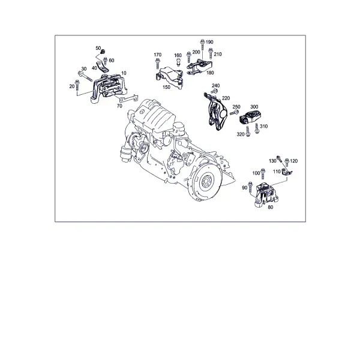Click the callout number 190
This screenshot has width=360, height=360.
(x=209, y=42)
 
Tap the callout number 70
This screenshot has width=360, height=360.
(x=119, y=106)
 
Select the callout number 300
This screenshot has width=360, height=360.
(x=254, y=107)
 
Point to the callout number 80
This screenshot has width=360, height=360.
(x=271, y=207)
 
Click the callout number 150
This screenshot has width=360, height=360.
(x=166, y=87)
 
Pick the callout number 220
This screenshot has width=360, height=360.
(x=226, y=98)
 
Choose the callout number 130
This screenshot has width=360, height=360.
(x=272, y=161)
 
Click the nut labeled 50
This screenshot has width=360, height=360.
(x=103, y=50)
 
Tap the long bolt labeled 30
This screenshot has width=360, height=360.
(x=85, y=76)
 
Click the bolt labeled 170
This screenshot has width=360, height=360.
(x=157, y=63)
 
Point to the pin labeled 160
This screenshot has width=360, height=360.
(x=178, y=62)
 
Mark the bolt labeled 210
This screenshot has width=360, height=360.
(x=211, y=53)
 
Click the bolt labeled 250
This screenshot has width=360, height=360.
(x=234, y=113)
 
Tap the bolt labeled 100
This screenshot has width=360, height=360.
(x=263, y=174)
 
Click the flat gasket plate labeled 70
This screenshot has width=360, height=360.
(x=129, y=98)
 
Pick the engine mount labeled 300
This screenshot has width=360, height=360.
(x=250, y=117)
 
